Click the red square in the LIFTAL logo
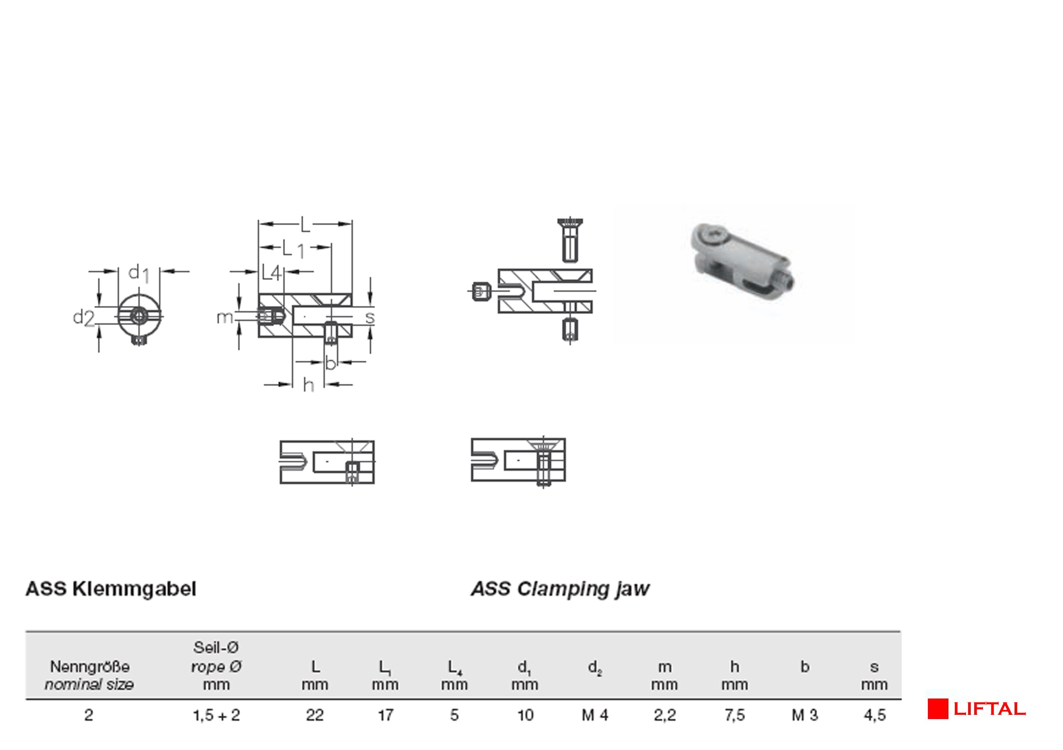(938, 709)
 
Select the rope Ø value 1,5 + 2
(216, 715)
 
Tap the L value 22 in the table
(315, 715)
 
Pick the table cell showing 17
(385, 715)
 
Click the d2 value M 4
(595, 715)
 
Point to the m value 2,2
(665, 715)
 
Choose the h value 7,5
(735, 715)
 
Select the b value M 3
(805, 715)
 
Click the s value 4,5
(875, 715)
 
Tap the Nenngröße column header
(89, 667)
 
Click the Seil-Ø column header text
(216, 647)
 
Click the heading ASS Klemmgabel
(111, 589)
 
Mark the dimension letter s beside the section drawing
(370, 317)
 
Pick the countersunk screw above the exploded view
(571, 239)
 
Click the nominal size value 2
(88, 715)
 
